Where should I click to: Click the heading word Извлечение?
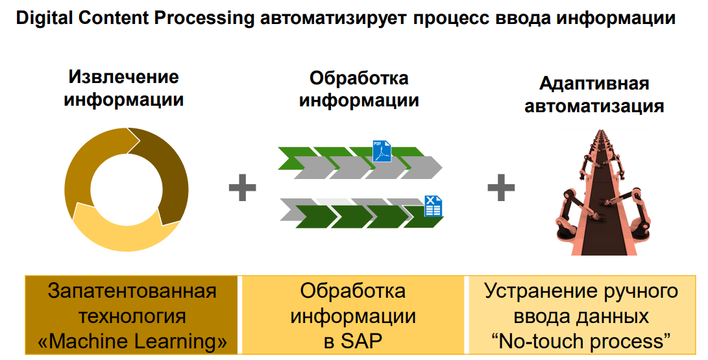[x=123, y=77]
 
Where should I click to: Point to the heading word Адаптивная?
[x=594, y=84]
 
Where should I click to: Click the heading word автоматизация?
[x=594, y=106]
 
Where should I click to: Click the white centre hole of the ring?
[x=126, y=189]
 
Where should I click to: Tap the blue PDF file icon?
[x=382, y=151]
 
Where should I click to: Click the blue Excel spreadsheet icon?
[x=432, y=206]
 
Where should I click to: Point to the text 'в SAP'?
[x=353, y=341]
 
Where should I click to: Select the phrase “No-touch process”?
[x=581, y=341]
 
